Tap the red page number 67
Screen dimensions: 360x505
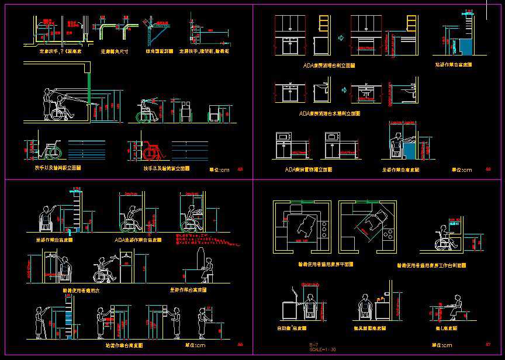click(x=488, y=344)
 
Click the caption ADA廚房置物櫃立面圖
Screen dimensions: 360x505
click(x=309, y=169)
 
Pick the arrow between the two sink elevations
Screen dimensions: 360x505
click(x=344, y=90)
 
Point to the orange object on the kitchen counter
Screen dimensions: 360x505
click(x=386, y=292)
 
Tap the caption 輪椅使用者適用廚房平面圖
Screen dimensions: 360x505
click(x=324, y=265)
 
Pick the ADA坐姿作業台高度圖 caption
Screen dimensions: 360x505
click(x=138, y=240)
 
